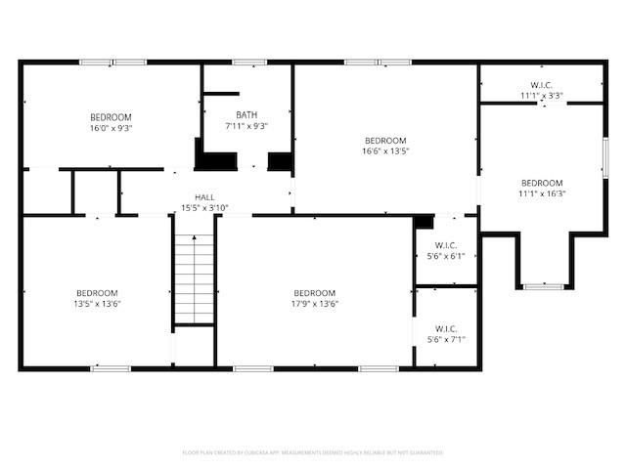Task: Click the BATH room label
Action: (246, 114)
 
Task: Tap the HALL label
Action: (204, 196)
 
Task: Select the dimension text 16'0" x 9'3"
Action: (111, 127)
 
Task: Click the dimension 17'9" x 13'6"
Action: (314, 304)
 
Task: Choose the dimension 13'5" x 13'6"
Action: (98, 304)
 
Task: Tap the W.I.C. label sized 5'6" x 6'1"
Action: (446, 245)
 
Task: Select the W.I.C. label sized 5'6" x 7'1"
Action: (446, 328)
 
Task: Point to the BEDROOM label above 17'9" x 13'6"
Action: (314, 293)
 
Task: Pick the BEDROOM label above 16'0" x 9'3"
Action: (111, 117)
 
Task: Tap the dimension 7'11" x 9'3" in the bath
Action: (246, 125)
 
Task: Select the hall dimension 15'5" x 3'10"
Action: (204, 207)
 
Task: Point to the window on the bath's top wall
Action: (248, 63)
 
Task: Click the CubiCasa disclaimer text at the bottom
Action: (313, 452)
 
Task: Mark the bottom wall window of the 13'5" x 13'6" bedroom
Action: (111, 368)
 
